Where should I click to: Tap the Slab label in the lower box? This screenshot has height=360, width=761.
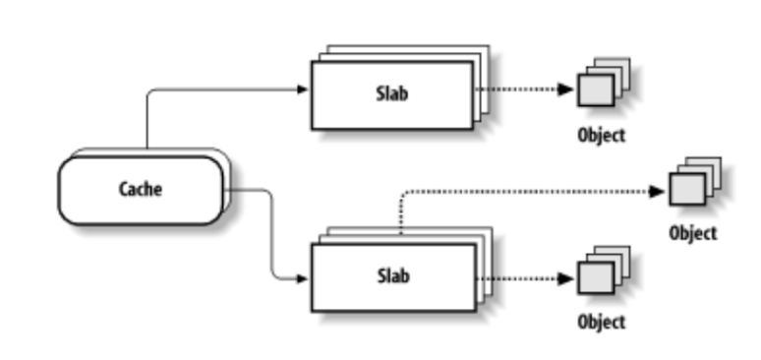[391, 276]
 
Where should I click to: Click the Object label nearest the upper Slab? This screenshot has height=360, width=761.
[601, 136]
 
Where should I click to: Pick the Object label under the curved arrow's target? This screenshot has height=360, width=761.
[693, 234]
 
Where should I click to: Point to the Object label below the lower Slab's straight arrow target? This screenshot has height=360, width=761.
[601, 322]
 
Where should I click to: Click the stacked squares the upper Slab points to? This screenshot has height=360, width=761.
[600, 87]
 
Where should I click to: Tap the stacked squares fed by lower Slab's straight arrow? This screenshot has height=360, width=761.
[600, 276]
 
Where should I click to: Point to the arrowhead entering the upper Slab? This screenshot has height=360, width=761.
[302, 90]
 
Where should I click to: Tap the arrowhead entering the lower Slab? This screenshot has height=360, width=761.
[302, 278]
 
